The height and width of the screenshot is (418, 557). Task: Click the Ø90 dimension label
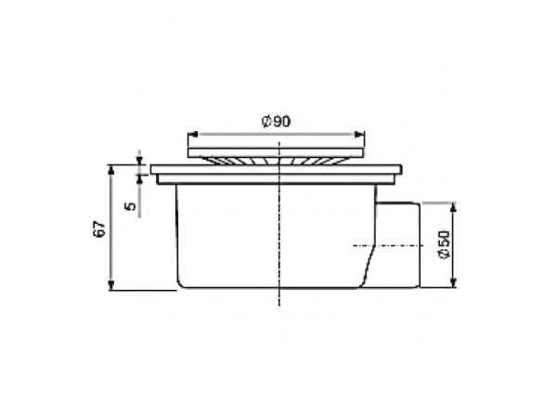[276, 122]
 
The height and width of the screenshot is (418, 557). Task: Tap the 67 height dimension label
[100, 229]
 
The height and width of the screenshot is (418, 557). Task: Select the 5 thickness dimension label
[131, 206]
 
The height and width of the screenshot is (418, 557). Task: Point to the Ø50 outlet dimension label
[445, 245]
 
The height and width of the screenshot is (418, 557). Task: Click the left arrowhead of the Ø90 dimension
[192, 134]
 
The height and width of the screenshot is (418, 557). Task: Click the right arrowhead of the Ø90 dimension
[359, 134]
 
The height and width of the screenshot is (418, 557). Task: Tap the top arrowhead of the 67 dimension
[111, 170]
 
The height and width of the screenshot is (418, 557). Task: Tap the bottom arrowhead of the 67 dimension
[111, 285]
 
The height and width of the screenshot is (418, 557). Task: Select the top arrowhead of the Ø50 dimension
[453, 207]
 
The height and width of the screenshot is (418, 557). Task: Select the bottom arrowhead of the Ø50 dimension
[453, 282]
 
